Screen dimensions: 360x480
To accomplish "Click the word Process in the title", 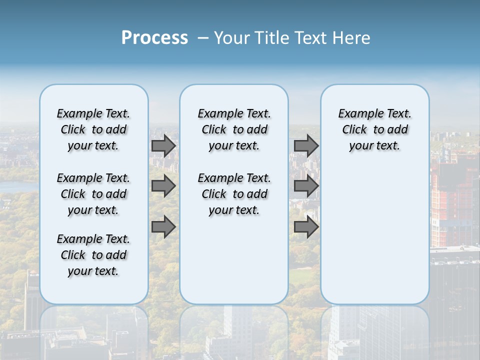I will pos(154,38).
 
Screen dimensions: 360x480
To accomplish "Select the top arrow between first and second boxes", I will pos(163,145).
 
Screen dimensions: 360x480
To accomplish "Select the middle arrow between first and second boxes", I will pos(163,186).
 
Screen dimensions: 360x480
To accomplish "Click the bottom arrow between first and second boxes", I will pos(163,227).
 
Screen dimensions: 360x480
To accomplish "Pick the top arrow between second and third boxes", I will pos(306,145).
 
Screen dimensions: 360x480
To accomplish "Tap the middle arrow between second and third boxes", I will pos(306,186).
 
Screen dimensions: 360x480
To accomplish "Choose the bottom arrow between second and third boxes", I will pos(306,227).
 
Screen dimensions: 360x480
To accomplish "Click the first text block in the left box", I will pos(93,129).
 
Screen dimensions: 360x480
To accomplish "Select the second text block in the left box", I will pos(93,194).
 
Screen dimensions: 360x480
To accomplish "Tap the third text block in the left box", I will pos(93,255).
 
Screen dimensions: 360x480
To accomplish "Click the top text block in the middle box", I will pos(234,129).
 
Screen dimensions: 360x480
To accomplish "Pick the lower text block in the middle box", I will pos(234,194).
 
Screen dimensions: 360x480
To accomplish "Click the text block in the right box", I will pos(375,129).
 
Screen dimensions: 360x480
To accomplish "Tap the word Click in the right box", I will pos(354,130).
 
